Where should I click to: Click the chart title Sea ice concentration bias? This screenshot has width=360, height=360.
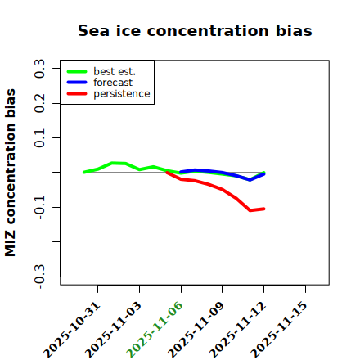195,30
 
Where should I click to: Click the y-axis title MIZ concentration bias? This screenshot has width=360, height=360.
10,173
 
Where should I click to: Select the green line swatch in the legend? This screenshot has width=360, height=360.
77,72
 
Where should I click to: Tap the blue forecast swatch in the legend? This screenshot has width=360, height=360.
77,83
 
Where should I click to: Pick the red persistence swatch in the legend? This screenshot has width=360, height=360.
77,94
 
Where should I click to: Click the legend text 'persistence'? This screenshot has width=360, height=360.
122,94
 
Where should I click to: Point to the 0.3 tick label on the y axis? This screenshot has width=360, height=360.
39,69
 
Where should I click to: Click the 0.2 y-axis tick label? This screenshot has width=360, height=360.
39,103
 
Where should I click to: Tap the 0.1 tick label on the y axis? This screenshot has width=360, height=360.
39,138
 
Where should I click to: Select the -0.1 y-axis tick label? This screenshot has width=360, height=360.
39,207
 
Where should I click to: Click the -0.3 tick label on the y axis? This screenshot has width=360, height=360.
39,277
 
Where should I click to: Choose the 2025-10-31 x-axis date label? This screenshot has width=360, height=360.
72,330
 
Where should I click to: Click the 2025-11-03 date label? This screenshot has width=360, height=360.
114,330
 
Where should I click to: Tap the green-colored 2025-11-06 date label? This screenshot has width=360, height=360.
155,330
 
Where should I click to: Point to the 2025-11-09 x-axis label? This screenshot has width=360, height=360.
196,330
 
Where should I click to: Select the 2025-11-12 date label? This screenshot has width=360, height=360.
238,330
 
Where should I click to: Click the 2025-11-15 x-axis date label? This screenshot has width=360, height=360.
279,330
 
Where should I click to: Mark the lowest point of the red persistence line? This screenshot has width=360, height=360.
250,210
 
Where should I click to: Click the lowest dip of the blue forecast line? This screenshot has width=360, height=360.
250,180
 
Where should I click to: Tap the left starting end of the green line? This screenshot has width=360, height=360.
84,172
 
